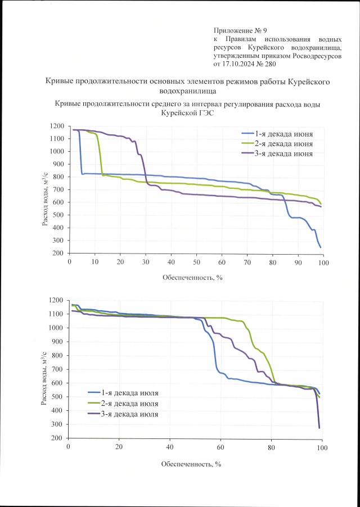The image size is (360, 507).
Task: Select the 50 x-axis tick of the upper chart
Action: pos(196,262)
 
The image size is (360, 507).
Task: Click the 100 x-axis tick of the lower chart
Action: pos(321,447)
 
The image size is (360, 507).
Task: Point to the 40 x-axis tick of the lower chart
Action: pos(170,447)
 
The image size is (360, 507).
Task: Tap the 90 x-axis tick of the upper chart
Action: pos(298,262)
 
